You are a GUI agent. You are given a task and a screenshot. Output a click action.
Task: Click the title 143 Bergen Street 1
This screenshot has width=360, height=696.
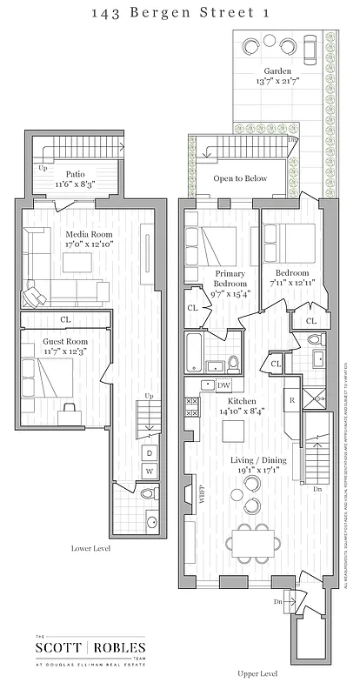coord(179,11)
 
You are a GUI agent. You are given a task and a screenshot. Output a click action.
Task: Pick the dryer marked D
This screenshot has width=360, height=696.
coord(149,453)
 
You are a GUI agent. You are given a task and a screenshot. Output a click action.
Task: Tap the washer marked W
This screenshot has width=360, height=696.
coord(149,472)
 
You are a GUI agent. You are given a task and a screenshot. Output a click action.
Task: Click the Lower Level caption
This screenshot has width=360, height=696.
coord(90,549)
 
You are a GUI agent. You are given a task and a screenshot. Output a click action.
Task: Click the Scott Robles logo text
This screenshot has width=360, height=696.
coord(90,647)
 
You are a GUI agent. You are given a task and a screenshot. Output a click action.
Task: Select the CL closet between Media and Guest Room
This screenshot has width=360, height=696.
coord(66,319)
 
